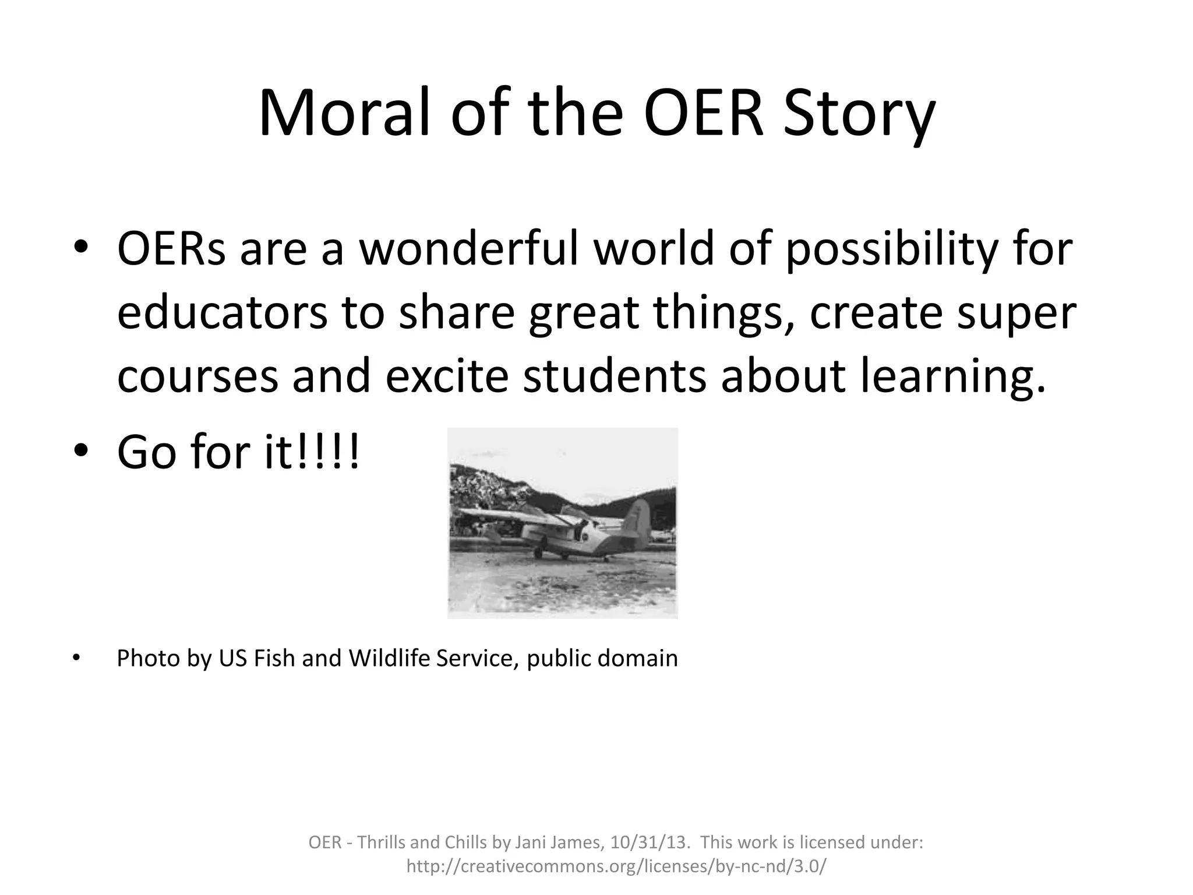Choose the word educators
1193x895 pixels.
point(222,313)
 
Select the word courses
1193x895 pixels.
point(197,377)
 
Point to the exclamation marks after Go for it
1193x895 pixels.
point(329,453)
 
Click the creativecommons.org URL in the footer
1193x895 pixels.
point(616,866)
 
